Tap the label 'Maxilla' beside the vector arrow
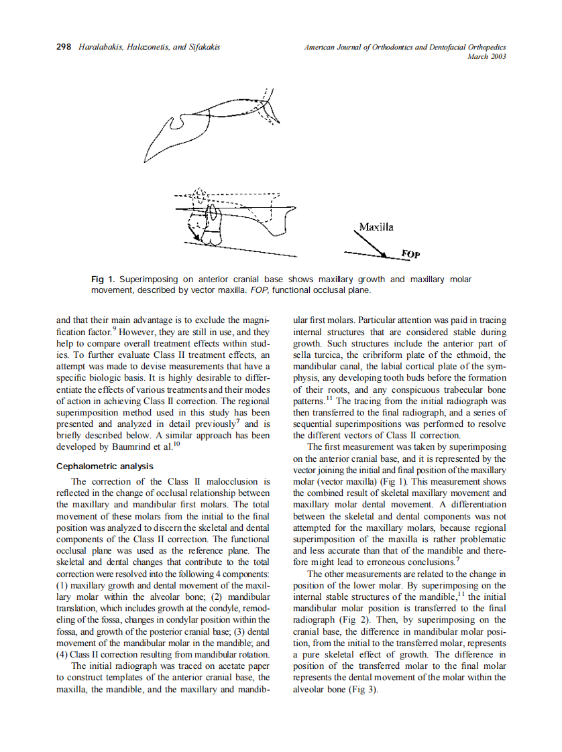pos(376,227)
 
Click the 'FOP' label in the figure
pos(410,255)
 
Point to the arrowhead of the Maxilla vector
pos(384,255)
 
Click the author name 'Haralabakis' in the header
pos(101,47)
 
